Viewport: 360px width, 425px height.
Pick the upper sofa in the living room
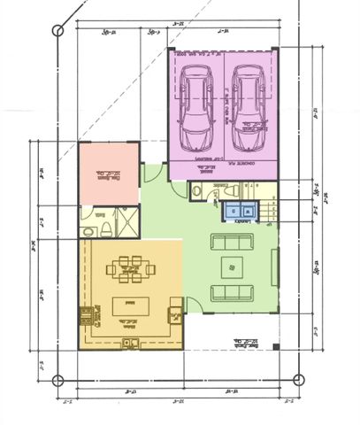(x=230, y=241)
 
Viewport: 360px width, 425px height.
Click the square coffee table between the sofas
(x=232, y=266)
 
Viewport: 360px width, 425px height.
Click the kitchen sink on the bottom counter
(x=130, y=340)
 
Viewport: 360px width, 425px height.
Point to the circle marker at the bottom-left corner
(x=57, y=382)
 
